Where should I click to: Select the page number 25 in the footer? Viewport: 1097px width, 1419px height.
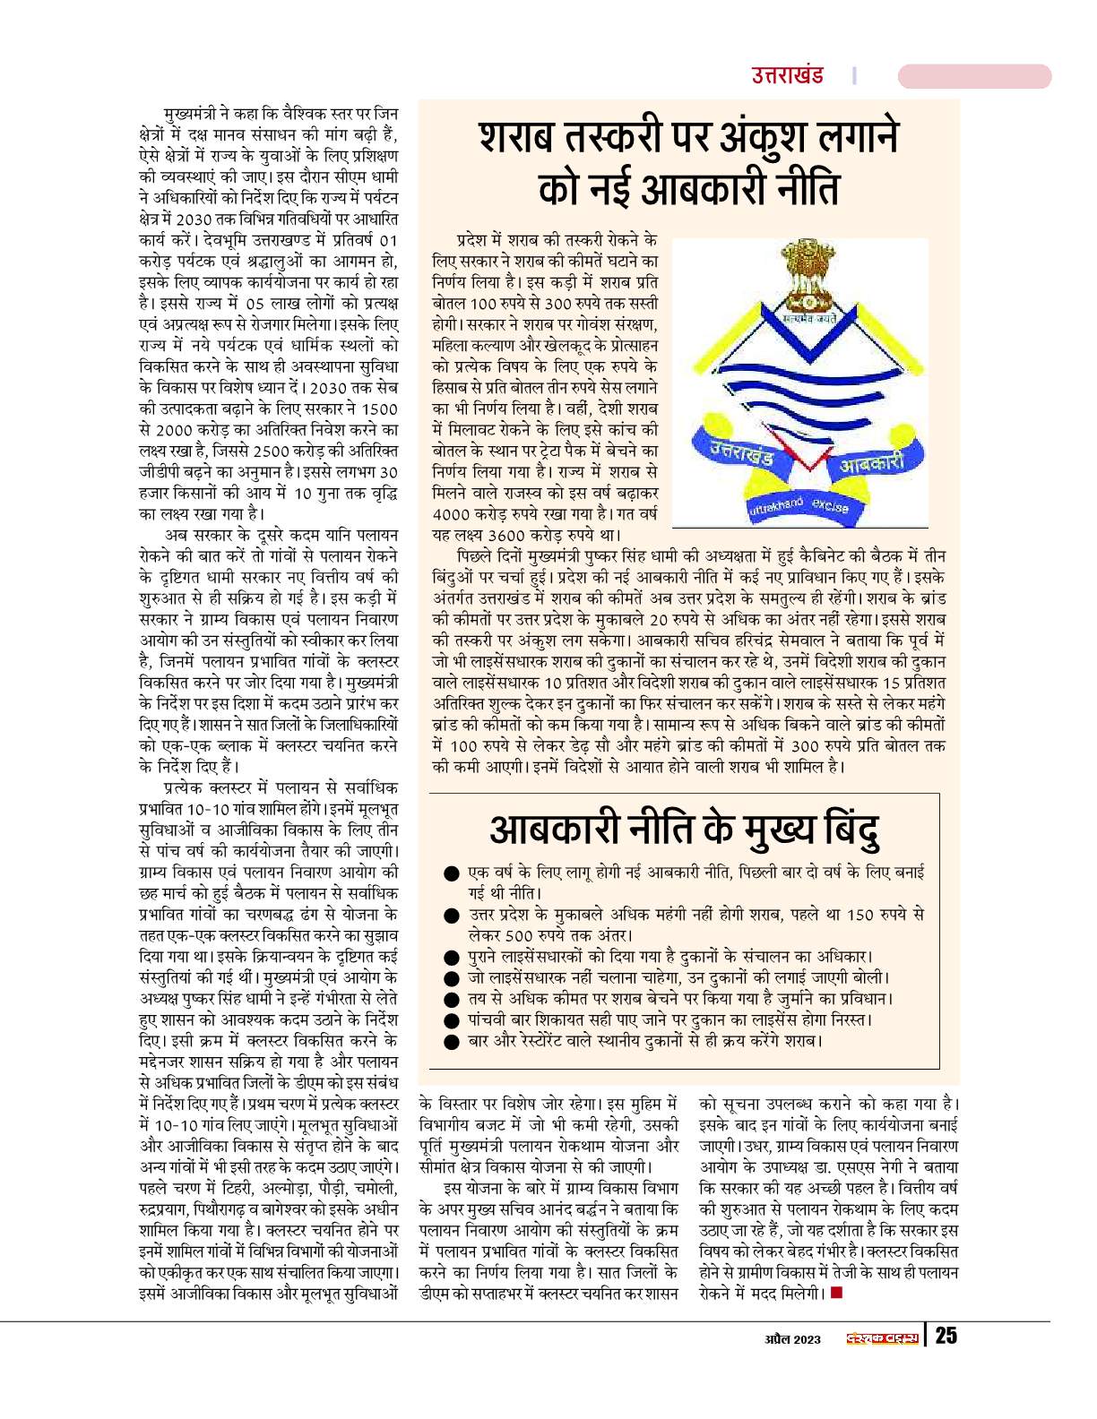tap(946, 1336)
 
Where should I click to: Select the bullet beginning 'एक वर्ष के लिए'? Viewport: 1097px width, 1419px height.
tap(452, 873)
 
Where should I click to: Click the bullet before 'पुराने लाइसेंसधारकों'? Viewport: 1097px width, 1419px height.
tap(452, 956)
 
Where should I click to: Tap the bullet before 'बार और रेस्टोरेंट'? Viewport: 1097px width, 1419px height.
tap(452, 1041)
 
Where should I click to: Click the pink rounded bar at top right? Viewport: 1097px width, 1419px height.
tap(973, 77)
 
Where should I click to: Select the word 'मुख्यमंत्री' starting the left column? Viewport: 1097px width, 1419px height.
tap(191, 115)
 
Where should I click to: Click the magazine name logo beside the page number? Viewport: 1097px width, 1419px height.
tap(884, 1338)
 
